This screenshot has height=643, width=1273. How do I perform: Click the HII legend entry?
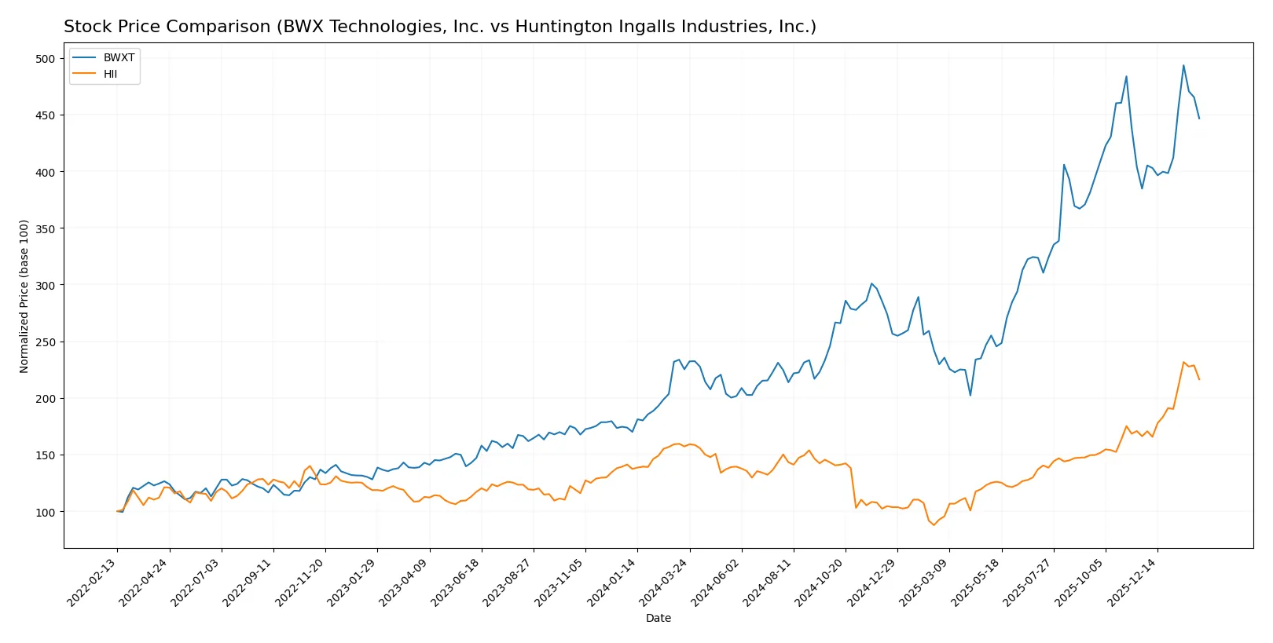click(110, 74)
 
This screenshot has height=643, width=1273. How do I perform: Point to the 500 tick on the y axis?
click(46, 59)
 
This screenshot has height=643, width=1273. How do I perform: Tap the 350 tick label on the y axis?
click(46, 228)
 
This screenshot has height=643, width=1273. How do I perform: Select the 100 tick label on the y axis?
click(46, 512)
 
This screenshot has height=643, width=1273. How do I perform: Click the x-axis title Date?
click(658, 618)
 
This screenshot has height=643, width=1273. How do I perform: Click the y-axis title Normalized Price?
click(24, 296)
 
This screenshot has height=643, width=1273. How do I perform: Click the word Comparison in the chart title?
click(211, 27)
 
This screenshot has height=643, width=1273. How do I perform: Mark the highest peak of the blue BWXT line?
click(1183, 66)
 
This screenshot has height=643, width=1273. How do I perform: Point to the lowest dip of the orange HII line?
click(934, 524)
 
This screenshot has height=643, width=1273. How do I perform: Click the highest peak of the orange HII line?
click(1183, 363)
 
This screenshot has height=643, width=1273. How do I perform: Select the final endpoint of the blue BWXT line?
click(1199, 119)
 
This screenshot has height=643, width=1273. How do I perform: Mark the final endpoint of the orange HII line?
click(1199, 379)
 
